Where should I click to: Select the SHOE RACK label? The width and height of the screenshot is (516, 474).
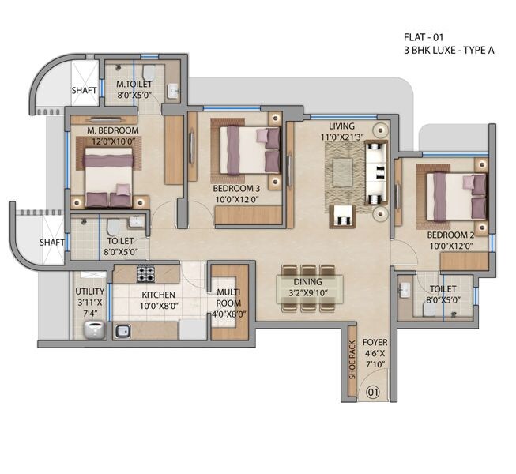[x=352, y=359]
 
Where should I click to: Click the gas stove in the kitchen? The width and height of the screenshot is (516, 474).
[x=145, y=274]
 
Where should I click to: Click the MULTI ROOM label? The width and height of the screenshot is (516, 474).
[x=228, y=297]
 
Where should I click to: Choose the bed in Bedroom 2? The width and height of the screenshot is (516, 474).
[x=456, y=196]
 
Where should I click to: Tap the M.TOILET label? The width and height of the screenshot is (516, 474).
[x=134, y=84]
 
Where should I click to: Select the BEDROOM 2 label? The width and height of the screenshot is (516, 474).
[x=449, y=235]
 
